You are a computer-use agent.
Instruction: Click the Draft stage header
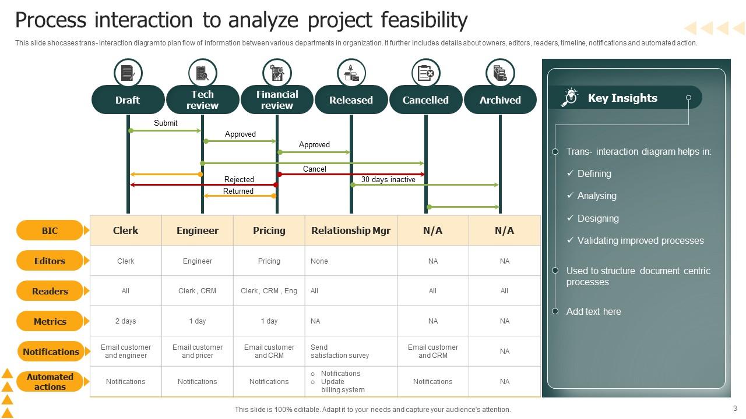click(x=128, y=100)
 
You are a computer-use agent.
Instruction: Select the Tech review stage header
click(x=202, y=100)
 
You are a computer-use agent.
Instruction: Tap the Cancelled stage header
click(x=425, y=100)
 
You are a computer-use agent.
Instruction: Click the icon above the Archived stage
click(x=500, y=73)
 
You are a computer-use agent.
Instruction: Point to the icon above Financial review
click(x=277, y=73)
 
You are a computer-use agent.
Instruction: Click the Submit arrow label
click(x=166, y=123)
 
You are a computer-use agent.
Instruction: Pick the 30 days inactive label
click(x=388, y=180)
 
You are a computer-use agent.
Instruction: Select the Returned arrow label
click(x=238, y=191)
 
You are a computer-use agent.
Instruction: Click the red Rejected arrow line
click(x=204, y=185)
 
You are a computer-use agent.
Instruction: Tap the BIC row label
click(x=50, y=230)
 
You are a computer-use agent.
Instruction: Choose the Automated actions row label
click(x=50, y=382)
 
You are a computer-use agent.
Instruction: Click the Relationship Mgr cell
click(x=351, y=230)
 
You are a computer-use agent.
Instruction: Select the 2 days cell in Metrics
click(x=125, y=321)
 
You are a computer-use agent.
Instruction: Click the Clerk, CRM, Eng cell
click(x=269, y=291)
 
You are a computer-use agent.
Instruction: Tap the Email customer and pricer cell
click(x=198, y=351)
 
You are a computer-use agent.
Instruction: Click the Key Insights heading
click(x=622, y=98)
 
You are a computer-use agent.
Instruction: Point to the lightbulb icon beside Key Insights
click(x=570, y=97)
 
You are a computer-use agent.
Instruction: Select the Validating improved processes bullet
click(x=635, y=241)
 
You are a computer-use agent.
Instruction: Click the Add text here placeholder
click(x=593, y=311)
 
